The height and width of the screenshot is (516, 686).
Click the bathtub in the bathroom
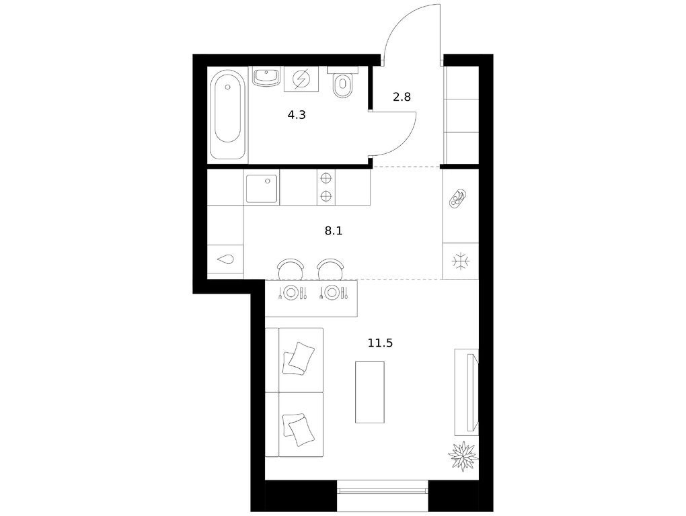(x=228, y=115)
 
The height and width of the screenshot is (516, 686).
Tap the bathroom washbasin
(x=266, y=77)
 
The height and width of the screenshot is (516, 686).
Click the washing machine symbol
(x=301, y=79)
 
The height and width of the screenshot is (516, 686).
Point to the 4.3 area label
(x=297, y=116)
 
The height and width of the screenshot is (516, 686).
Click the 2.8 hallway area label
(x=402, y=97)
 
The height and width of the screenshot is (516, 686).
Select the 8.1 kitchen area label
(x=334, y=230)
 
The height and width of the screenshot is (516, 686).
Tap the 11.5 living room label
(x=380, y=343)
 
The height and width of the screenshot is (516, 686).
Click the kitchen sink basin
(x=262, y=189)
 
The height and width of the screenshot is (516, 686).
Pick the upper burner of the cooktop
(x=326, y=178)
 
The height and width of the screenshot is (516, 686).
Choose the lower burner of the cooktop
(x=326, y=196)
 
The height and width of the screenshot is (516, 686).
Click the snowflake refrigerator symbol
(x=461, y=262)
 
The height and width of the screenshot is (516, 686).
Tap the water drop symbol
(x=226, y=259)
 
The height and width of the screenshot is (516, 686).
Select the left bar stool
(x=291, y=269)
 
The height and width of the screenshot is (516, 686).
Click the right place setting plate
(x=332, y=292)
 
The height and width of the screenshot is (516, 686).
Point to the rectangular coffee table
(x=370, y=392)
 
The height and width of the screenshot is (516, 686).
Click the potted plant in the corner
(x=463, y=456)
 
